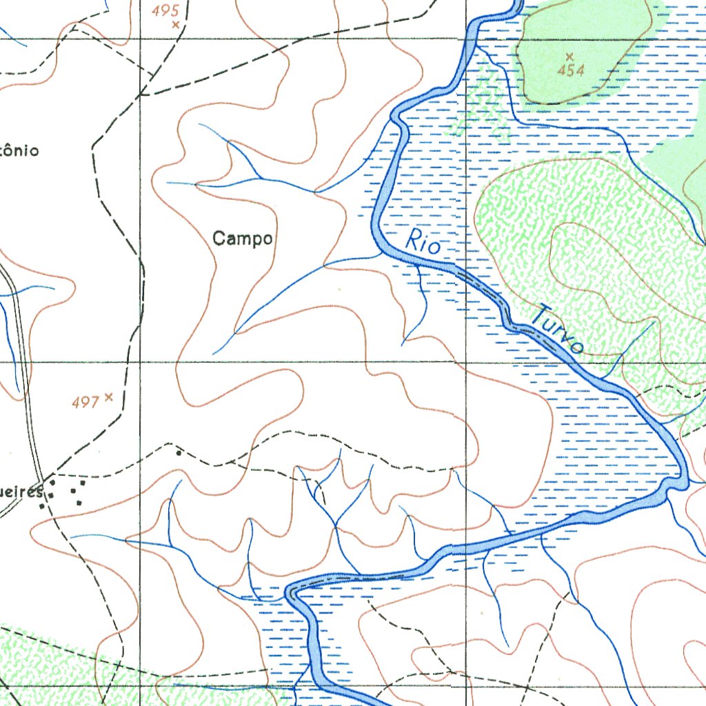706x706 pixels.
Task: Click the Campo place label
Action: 243,239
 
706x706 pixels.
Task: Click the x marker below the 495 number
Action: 176,25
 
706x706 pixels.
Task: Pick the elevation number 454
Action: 571,70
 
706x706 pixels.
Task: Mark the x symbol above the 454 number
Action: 569,56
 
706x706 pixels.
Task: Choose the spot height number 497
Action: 85,402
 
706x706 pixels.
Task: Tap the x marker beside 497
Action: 108,397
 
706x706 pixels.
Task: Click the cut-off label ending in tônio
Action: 19,150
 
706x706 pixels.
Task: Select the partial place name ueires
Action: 23,492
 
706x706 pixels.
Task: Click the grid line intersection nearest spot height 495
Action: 141,39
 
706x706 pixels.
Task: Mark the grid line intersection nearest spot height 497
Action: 141,361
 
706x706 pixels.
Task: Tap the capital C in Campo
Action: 219,239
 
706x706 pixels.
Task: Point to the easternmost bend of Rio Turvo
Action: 684,480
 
